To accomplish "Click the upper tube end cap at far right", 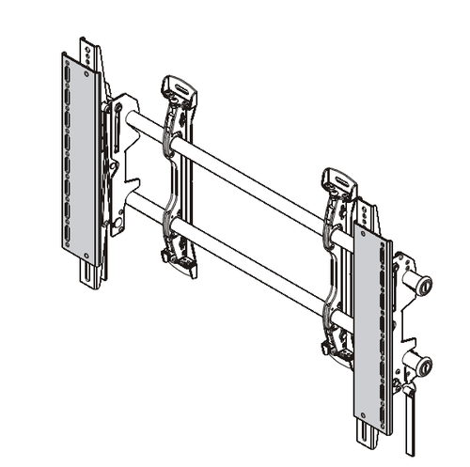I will (423, 283).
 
